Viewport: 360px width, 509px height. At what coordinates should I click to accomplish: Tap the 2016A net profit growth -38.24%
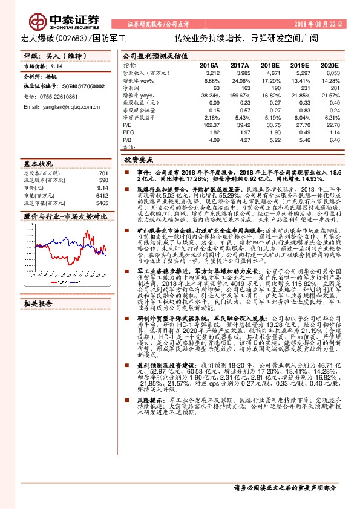(x=208, y=95)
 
